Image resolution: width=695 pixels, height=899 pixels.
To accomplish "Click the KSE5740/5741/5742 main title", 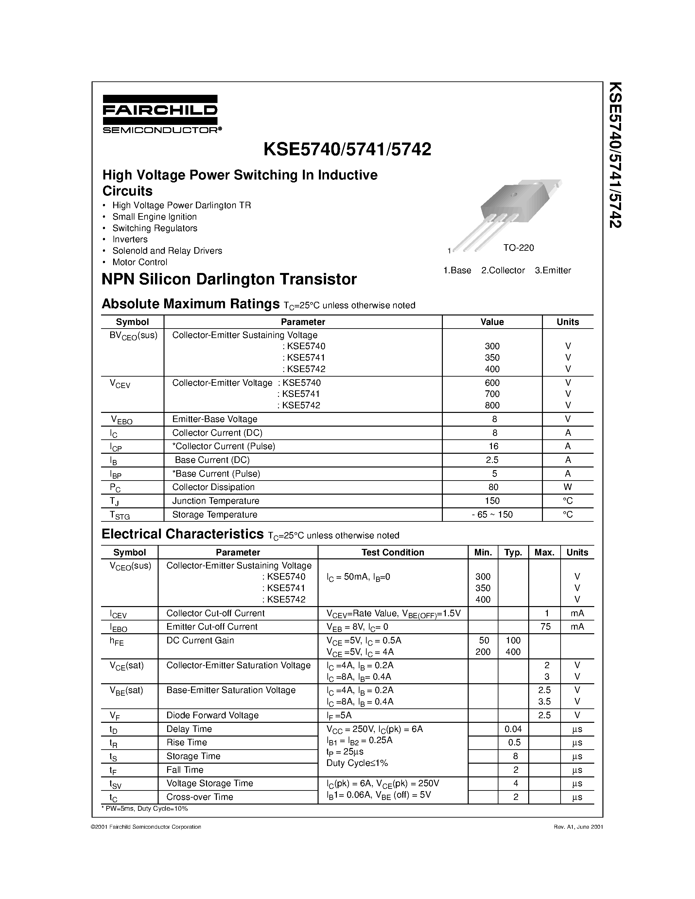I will [x=347, y=149].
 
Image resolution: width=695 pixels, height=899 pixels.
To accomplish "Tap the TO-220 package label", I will [x=518, y=248].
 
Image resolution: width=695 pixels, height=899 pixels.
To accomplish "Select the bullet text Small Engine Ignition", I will [x=154, y=217].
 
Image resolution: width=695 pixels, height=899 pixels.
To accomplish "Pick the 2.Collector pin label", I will [x=503, y=270].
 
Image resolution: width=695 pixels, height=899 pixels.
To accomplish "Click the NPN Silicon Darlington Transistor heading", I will [x=229, y=280].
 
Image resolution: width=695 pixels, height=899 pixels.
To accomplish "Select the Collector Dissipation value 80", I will [x=493, y=487].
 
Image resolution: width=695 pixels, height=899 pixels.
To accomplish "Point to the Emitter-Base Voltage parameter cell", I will [x=215, y=419].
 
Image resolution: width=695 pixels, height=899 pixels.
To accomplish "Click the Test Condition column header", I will [x=392, y=552].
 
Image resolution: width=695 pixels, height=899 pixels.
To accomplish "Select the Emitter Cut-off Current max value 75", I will [x=545, y=627].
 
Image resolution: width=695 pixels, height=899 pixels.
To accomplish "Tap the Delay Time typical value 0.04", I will [x=513, y=729].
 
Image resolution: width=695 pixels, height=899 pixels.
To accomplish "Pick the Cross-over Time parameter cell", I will [x=200, y=797].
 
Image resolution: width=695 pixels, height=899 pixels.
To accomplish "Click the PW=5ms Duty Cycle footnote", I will [x=145, y=808].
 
